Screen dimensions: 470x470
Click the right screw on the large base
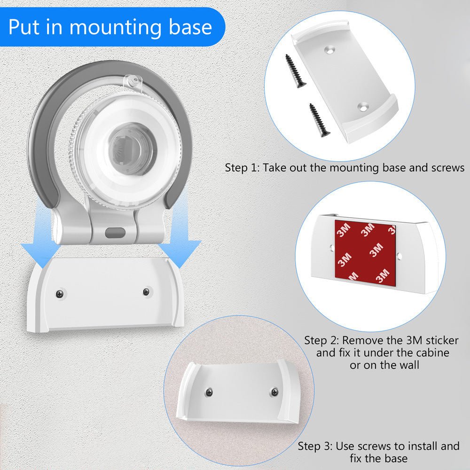146,291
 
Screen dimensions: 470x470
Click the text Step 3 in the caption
314,446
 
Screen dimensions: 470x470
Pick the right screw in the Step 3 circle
274,391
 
